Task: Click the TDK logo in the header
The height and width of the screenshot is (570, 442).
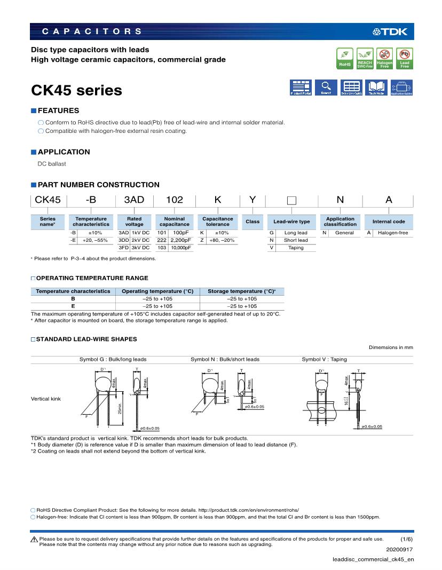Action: [x=390, y=31]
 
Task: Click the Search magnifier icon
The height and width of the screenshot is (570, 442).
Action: [x=325, y=88]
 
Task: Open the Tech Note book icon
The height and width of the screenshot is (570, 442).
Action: [x=377, y=88]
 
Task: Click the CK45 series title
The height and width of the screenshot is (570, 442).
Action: [x=77, y=91]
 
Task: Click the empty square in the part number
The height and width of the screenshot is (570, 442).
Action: [x=291, y=201]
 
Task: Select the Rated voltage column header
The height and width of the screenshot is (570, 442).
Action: [x=135, y=221]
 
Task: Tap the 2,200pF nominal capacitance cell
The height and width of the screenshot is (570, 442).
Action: [x=180, y=240]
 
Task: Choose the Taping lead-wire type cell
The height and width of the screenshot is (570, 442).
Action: [x=296, y=248]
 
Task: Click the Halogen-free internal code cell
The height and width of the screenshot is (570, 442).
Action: [x=393, y=233]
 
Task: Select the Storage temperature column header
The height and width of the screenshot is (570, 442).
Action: [x=241, y=291]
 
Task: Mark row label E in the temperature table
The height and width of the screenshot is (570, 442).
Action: [x=73, y=306]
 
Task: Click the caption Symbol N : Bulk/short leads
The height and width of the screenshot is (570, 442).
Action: [x=225, y=359]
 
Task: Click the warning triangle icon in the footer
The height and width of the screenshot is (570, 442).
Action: [x=34, y=540]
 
